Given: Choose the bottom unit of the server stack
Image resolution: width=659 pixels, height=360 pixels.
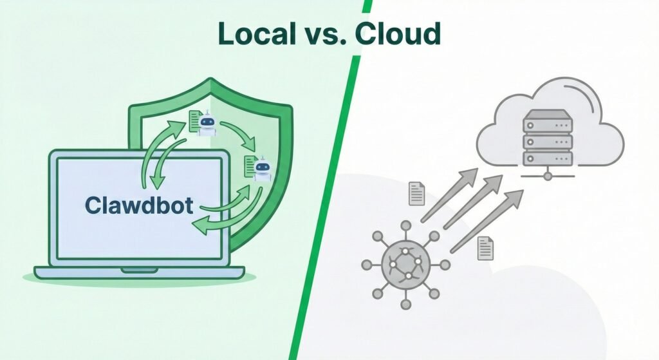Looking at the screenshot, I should [x=547, y=156].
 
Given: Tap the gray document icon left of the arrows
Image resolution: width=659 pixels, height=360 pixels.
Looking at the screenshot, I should [x=416, y=193].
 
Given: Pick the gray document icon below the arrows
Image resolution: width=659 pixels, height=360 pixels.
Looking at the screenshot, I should [x=485, y=247].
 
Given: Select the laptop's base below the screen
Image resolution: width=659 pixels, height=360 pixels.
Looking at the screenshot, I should [x=139, y=272].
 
